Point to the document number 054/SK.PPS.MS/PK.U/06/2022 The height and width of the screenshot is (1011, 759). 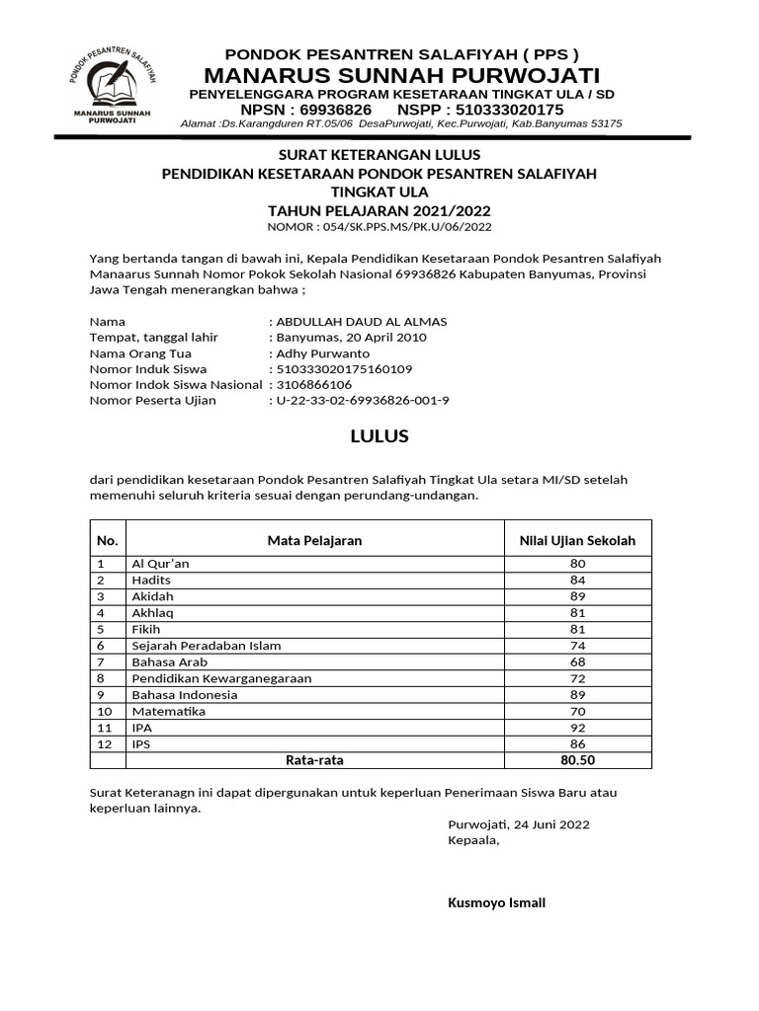click(405, 227)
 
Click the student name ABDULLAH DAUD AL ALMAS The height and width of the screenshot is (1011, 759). click(362, 322)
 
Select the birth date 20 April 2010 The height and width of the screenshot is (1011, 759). click(384, 338)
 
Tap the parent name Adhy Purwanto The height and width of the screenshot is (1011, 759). click(323, 353)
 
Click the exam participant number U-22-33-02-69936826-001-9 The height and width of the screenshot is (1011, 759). click(363, 401)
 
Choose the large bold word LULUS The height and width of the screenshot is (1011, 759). click(379, 435)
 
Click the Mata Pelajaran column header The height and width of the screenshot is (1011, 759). click(314, 540)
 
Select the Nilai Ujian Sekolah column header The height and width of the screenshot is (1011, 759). click(577, 540)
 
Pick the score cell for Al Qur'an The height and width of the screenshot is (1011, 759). click(577, 564)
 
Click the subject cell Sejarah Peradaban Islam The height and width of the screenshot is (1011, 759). click(207, 646)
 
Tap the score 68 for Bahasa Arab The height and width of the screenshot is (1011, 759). click(577, 661)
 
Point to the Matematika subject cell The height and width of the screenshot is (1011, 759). click(169, 711)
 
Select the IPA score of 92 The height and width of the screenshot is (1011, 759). click(577, 728)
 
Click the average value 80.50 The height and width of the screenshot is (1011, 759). click(577, 760)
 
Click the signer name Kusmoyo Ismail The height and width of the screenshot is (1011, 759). click(496, 903)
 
